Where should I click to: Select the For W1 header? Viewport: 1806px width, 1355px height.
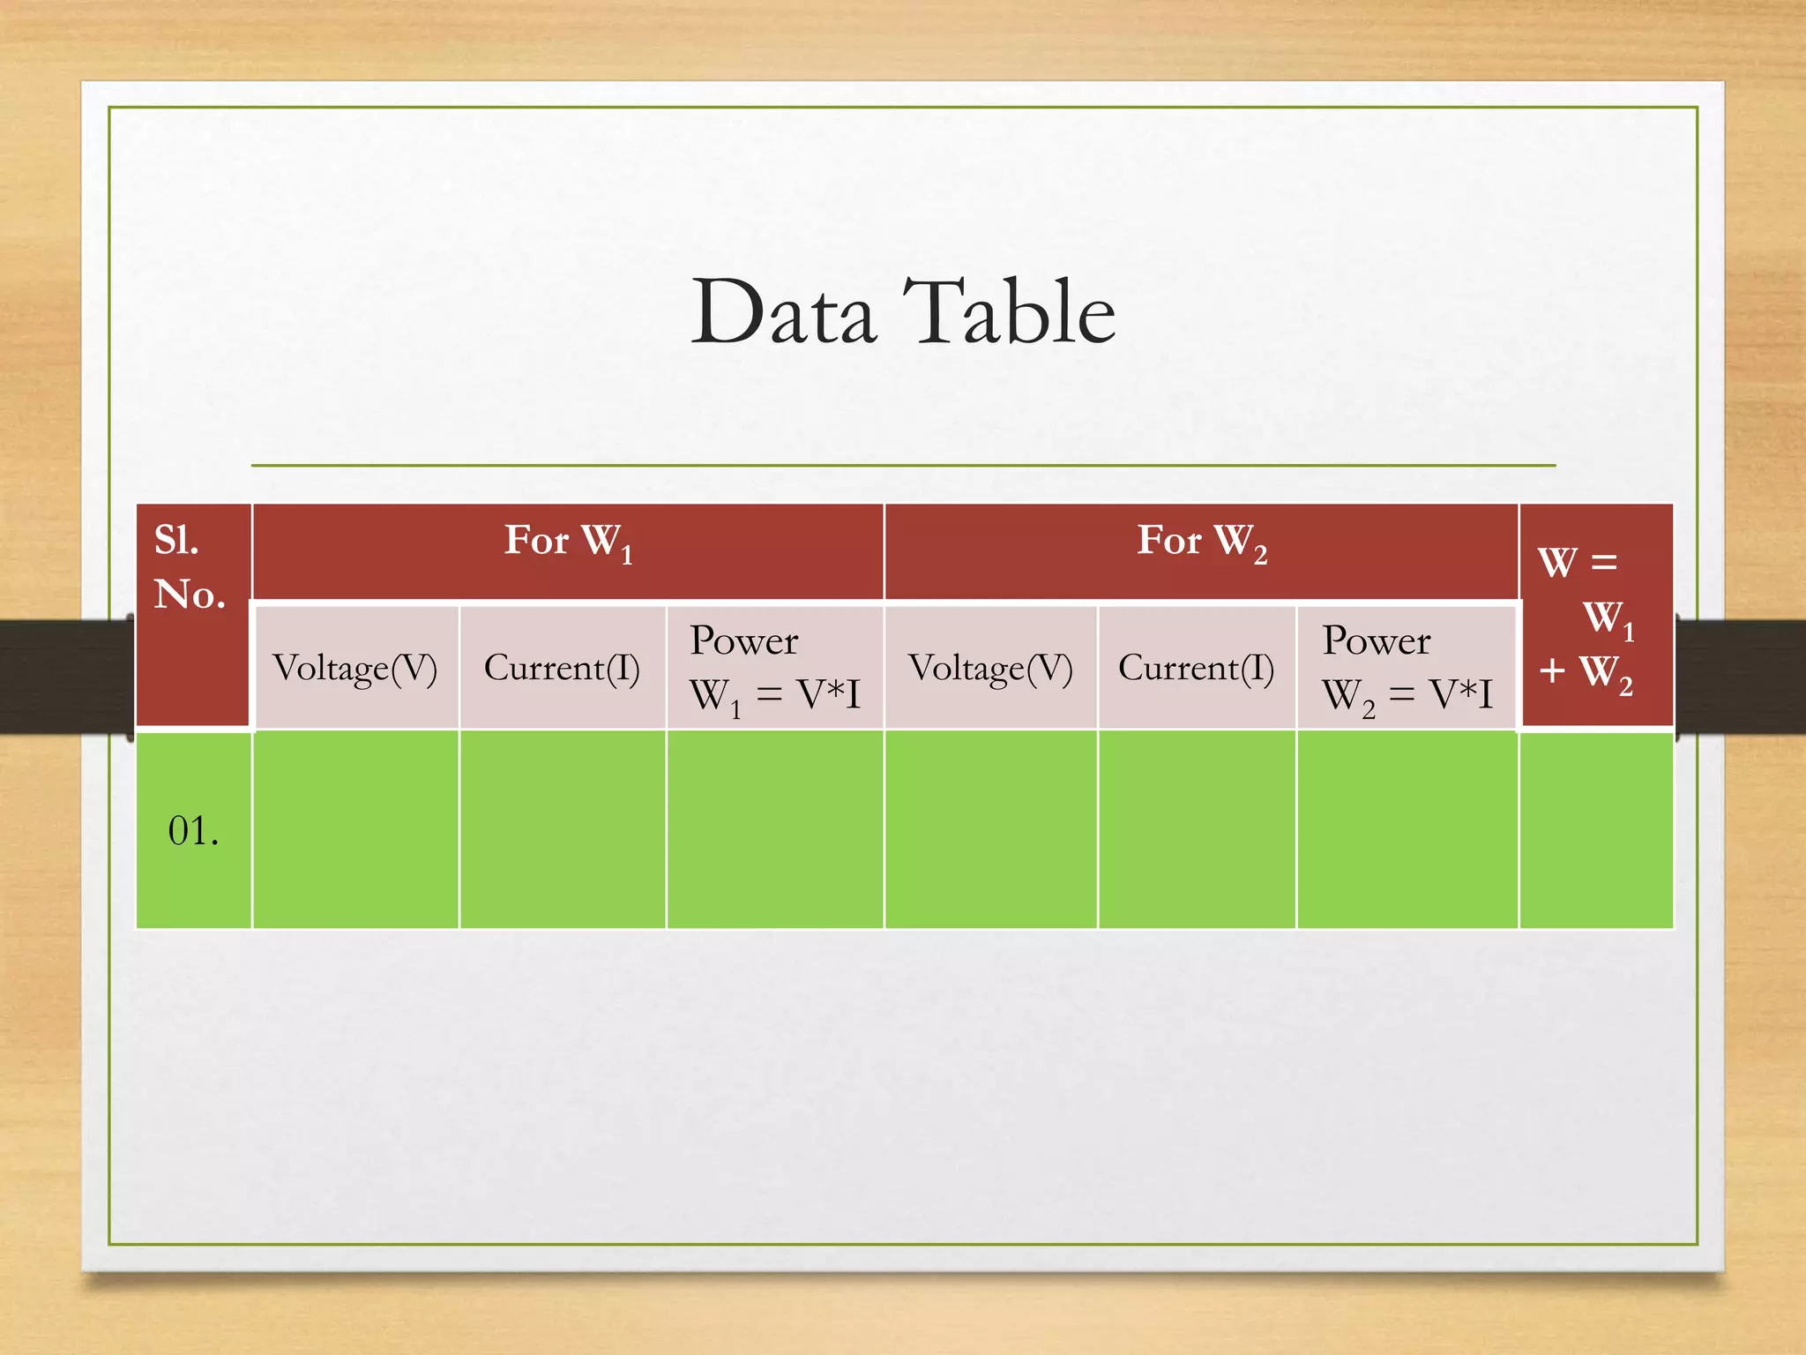568,542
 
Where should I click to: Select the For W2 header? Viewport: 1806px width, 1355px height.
1201,542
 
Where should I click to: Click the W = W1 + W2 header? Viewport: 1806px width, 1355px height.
1594,618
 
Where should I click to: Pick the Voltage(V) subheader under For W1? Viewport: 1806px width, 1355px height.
355,668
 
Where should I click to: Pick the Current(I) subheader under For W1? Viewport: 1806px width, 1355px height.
562,668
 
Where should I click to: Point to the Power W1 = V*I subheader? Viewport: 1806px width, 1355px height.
774,668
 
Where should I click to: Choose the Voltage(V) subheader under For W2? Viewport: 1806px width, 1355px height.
990,668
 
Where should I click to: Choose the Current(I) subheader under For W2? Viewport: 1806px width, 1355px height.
1196,668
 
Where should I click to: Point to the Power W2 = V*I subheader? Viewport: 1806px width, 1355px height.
1407,668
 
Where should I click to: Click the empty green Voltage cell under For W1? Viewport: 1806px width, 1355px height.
355,829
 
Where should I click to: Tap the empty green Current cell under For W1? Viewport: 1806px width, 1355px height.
562,829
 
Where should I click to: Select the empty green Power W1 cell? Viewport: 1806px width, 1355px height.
774,829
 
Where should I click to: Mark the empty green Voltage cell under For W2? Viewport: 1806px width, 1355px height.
990,829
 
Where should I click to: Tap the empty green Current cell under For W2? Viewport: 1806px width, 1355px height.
1196,829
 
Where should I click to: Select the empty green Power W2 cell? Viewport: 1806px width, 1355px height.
1407,829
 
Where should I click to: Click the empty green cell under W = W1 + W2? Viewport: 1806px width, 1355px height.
1595,829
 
